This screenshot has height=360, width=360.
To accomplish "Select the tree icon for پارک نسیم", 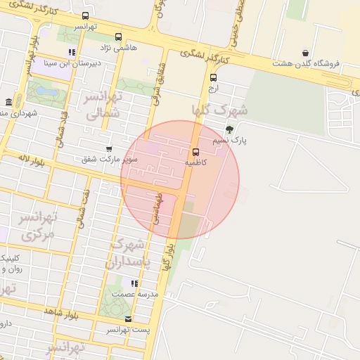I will click(229, 129).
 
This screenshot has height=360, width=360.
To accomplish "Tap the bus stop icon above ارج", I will click(213, 77).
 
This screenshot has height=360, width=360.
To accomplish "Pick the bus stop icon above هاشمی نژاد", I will click(118, 37).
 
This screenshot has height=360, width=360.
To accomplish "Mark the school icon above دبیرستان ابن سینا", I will click(72, 52).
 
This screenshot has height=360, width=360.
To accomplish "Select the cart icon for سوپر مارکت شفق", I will click(109, 148).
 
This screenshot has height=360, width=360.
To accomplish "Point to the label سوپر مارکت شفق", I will click(110, 160).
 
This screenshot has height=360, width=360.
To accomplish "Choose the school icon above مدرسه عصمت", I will click(134, 283).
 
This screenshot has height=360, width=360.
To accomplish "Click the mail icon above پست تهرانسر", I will click(127, 319).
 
